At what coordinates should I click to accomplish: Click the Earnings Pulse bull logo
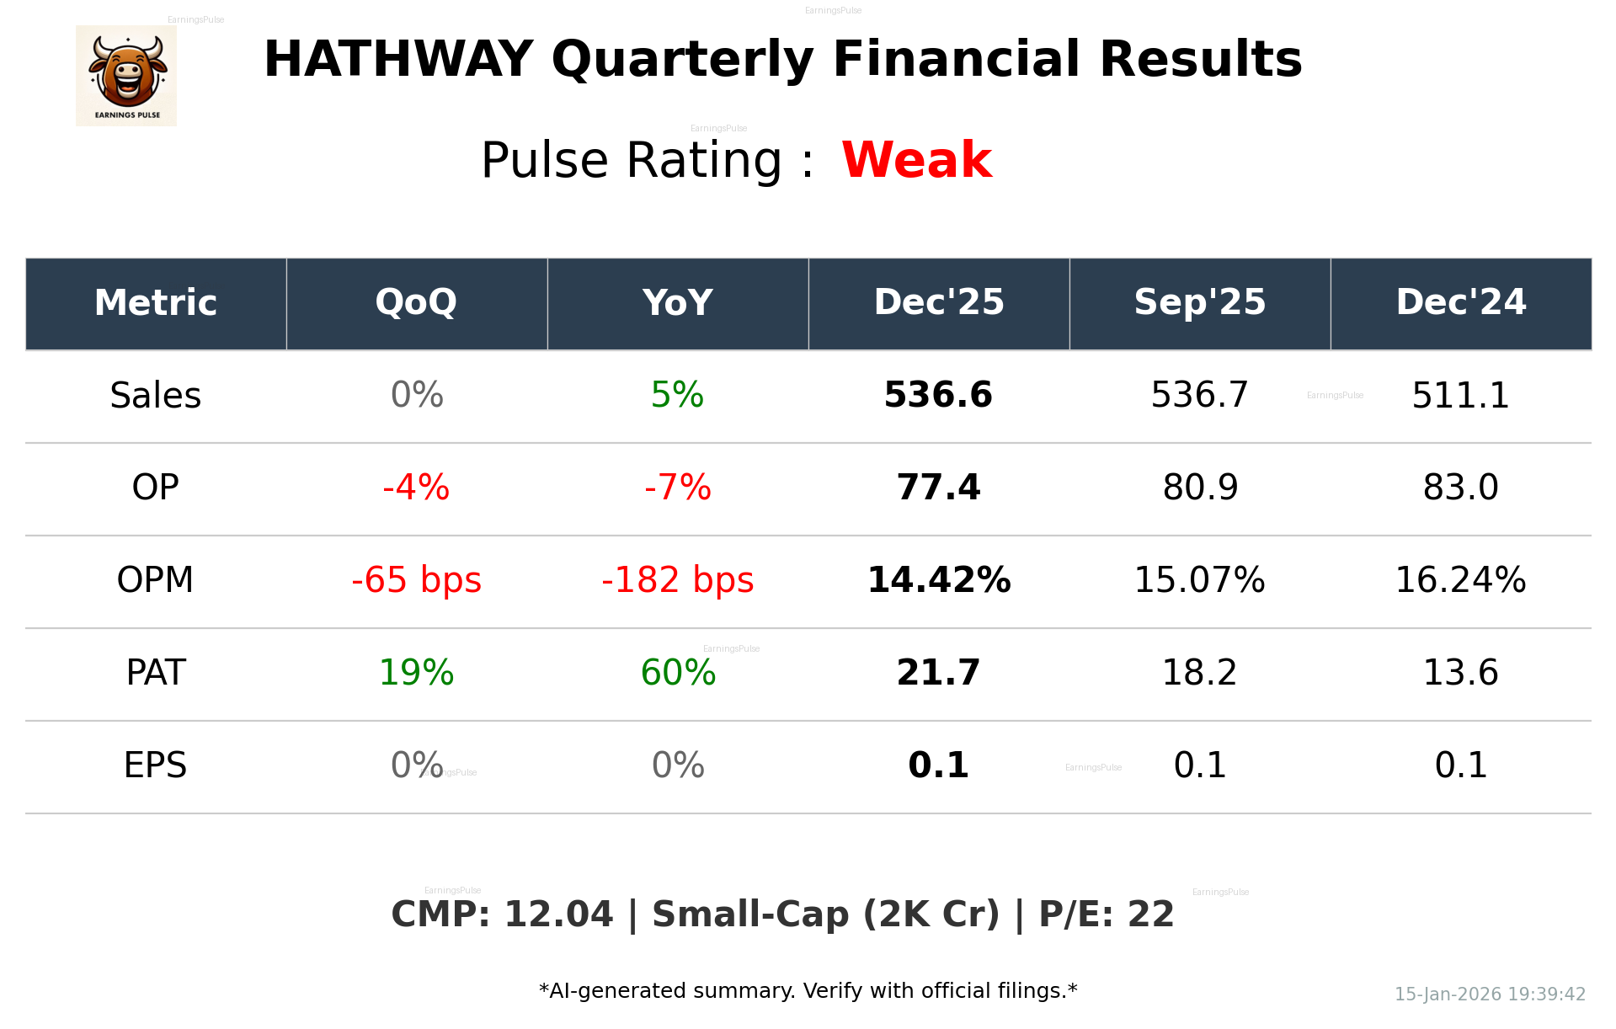126,76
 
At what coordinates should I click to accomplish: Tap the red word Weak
916,160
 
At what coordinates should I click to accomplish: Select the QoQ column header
416,302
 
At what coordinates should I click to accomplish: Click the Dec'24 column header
1460,302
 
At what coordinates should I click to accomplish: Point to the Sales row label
156,395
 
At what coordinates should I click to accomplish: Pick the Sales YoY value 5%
677,395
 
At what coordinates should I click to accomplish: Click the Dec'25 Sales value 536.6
938,395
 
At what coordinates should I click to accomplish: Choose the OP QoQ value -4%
416,488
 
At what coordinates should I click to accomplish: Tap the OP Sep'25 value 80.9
1200,488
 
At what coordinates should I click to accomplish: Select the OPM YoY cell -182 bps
677,580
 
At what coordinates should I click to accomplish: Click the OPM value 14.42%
938,580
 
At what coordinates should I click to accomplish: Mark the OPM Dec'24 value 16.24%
1460,580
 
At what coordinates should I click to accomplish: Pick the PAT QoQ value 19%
416,673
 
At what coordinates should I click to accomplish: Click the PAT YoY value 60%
677,673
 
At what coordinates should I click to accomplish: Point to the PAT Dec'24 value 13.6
1460,673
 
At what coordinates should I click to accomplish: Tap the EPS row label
156,765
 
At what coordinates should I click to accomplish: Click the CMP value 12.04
558,914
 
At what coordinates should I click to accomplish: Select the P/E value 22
1150,914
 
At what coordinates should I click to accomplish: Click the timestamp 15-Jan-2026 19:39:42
1490,994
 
